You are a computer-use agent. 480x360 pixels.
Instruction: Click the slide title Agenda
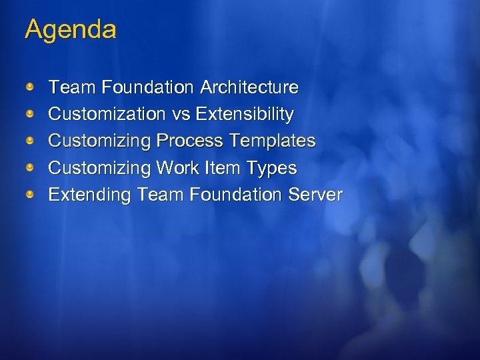tap(70, 29)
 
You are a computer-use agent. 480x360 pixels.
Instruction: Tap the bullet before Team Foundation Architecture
tap(31, 87)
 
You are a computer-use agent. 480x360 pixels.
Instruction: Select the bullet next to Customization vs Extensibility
tap(31, 114)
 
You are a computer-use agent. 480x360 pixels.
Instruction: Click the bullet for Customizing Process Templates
tap(31, 141)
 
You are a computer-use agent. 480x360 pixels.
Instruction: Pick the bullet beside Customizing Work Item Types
tap(31, 167)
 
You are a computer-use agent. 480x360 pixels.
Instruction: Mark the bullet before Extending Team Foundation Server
tap(31, 195)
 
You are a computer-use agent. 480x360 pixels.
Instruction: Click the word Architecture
tap(249, 87)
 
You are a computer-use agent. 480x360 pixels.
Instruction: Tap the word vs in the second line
tap(181, 115)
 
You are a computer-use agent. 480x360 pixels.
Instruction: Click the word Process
tap(190, 141)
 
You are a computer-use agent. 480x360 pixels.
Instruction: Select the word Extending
tap(90, 195)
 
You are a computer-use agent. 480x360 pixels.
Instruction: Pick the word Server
tap(315, 195)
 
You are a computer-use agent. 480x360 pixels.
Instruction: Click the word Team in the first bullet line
tap(73, 87)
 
